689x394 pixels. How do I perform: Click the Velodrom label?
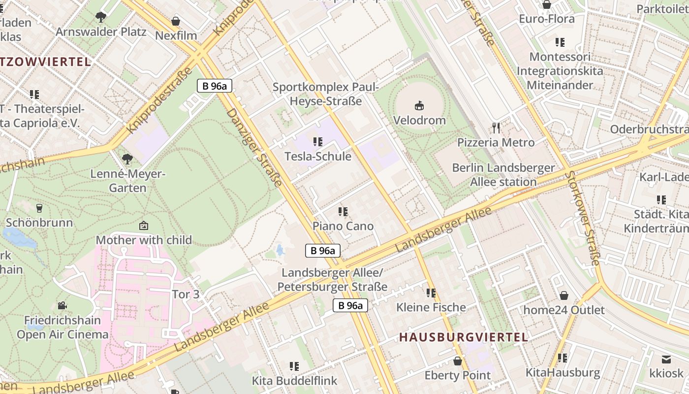[x=419, y=120]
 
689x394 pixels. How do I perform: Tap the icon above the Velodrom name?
[x=419, y=105]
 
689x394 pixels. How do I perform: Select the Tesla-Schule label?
[x=318, y=157]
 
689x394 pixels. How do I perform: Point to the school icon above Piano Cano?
[x=343, y=212]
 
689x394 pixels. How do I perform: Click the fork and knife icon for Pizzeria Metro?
[x=496, y=128]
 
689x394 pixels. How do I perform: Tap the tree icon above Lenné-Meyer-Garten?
[x=127, y=159]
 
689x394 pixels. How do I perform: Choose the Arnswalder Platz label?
[x=101, y=32]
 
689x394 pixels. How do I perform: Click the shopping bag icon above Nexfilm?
[x=176, y=21]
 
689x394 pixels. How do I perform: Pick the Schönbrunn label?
[x=39, y=223]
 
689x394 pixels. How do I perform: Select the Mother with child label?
[x=144, y=240]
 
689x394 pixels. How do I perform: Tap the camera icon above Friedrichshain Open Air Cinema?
[x=62, y=306]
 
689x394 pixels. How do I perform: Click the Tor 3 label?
[x=186, y=295]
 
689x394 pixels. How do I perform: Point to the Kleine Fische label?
[x=431, y=307]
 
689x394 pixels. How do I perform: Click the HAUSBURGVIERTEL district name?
[x=463, y=337]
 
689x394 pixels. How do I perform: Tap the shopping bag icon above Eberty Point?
[x=458, y=361]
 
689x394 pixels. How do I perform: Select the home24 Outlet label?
[x=564, y=310]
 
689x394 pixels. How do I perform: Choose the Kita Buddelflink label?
[x=294, y=381]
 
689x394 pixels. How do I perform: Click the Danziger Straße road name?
[x=254, y=148]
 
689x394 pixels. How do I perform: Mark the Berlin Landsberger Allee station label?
[x=503, y=175]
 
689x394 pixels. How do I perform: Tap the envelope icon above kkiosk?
[x=666, y=359]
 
